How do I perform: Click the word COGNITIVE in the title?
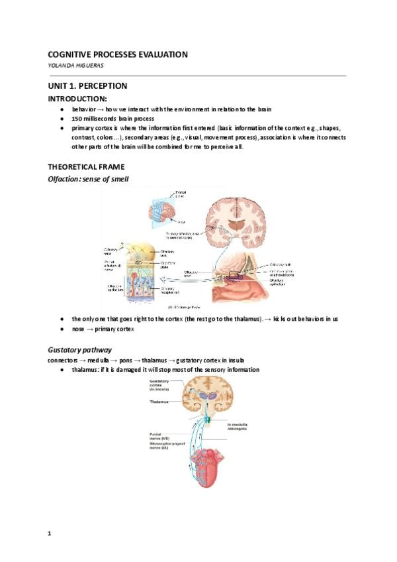click(73, 54)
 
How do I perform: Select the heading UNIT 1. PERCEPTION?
click(87, 86)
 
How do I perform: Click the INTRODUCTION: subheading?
click(79, 99)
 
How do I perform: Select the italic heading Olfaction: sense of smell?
click(93, 179)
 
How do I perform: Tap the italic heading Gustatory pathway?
click(79, 349)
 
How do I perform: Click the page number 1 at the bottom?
click(50, 533)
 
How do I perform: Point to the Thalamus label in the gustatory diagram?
click(159, 402)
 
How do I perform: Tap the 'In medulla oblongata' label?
click(240, 426)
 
